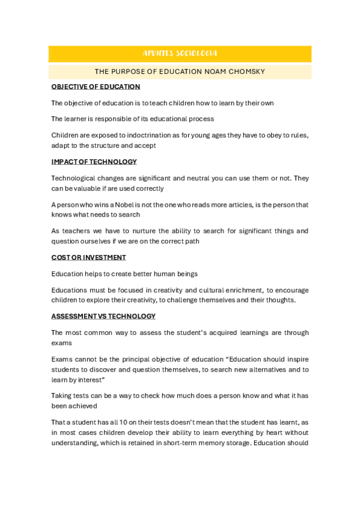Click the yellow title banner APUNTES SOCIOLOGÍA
(180, 54)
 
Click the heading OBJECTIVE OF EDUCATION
(96, 87)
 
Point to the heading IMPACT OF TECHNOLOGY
(94, 162)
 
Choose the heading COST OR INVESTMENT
(88, 257)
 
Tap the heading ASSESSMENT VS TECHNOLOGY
(103, 316)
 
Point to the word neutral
(184, 178)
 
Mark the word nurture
(146, 231)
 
